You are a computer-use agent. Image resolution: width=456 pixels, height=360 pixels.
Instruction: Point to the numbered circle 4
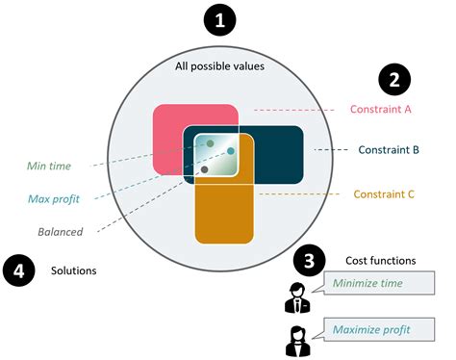point(21,270)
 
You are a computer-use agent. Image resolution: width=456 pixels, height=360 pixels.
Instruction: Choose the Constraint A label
point(381,109)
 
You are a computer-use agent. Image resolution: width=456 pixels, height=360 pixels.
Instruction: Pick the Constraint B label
point(387,150)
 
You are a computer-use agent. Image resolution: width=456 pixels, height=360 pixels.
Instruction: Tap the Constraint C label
point(384,193)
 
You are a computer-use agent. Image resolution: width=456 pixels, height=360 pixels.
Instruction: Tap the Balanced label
point(61,231)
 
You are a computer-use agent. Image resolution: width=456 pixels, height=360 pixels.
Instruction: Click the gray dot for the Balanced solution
point(205,169)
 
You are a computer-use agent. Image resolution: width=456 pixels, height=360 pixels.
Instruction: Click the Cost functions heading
point(380,261)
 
